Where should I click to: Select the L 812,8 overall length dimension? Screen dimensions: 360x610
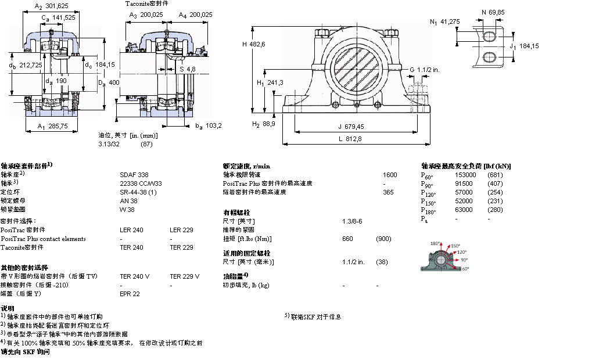tap(348, 138)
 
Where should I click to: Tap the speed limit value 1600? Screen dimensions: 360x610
tap(390, 174)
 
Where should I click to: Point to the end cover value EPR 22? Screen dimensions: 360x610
tap(130, 294)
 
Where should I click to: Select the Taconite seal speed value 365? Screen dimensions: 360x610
tap(388, 192)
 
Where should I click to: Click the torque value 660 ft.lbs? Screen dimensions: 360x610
tap(347, 239)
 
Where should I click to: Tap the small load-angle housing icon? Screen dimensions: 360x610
tap(446, 260)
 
